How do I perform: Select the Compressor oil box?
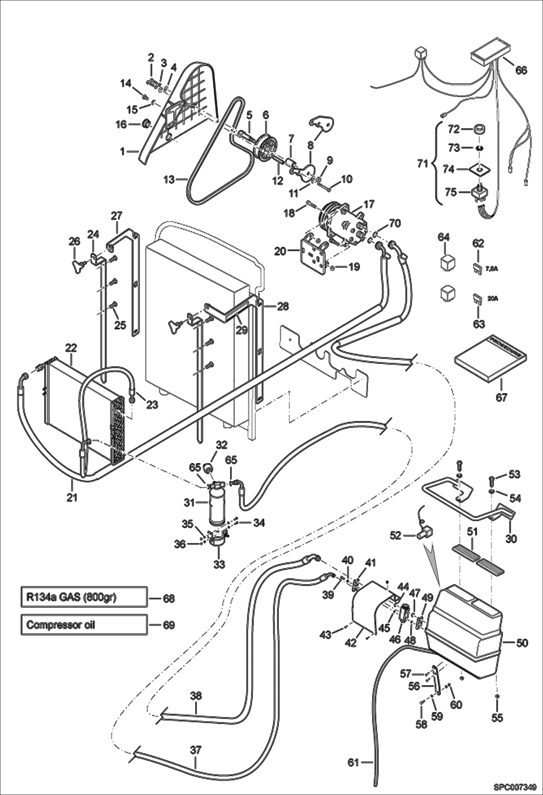click(x=84, y=625)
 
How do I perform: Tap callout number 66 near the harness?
click(x=521, y=70)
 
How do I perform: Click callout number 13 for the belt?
click(x=169, y=179)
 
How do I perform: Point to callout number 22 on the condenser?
click(x=71, y=348)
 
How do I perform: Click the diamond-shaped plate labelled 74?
click(x=480, y=169)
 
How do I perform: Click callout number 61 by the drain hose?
click(x=353, y=763)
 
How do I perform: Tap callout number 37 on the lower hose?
click(x=195, y=750)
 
